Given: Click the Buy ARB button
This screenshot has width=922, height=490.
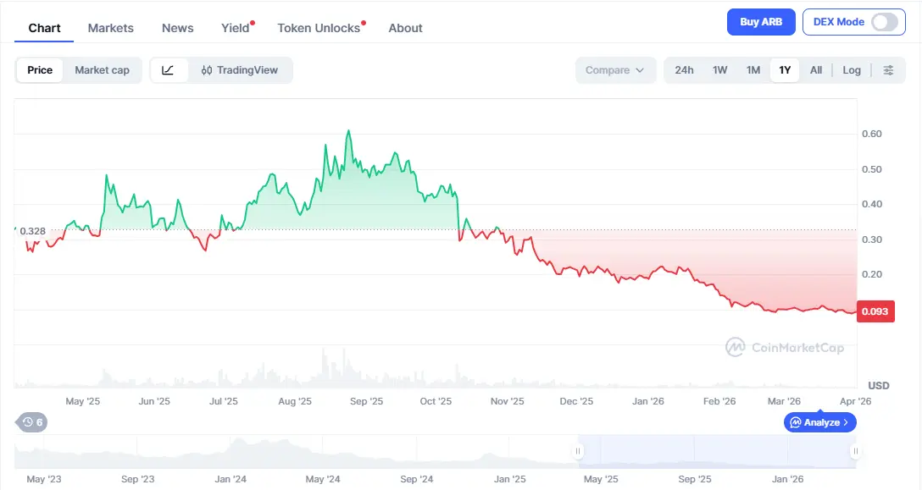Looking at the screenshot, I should pyautogui.click(x=761, y=22).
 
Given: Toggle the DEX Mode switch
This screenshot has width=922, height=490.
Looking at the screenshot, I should pyautogui.click(x=884, y=22).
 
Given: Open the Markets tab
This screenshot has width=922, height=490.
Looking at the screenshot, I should pyautogui.click(x=111, y=28).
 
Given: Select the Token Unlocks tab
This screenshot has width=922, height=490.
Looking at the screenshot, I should pyautogui.click(x=319, y=28).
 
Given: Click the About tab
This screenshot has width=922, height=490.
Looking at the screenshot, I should pyautogui.click(x=405, y=28).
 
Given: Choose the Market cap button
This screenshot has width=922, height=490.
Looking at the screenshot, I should pyautogui.click(x=102, y=70).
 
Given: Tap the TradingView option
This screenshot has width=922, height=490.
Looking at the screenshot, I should pyautogui.click(x=240, y=70).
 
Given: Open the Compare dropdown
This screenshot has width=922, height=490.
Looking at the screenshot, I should pyautogui.click(x=615, y=70).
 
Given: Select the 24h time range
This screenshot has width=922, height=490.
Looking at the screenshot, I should pyautogui.click(x=684, y=70).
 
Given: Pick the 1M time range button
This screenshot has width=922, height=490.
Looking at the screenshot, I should pyautogui.click(x=753, y=70).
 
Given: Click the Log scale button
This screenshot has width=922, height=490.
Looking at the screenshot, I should pyautogui.click(x=852, y=70).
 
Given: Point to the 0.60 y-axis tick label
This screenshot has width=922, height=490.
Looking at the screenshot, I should pyautogui.click(x=871, y=134).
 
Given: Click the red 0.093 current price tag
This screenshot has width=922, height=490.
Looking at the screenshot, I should pyautogui.click(x=875, y=311).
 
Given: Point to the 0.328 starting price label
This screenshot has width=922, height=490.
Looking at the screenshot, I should pyautogui.click(x=32, y=231).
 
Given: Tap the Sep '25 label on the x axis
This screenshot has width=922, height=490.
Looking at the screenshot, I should pyautogui.click(x=366, y=401).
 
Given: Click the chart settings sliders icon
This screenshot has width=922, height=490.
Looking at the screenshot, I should pyautogui.click(x=888, y=70).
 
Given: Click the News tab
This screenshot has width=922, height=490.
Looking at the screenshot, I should pyautogui.click(x=178, y=28).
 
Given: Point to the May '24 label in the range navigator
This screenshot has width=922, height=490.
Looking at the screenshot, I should pyautogui.click(x=322, y=479).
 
